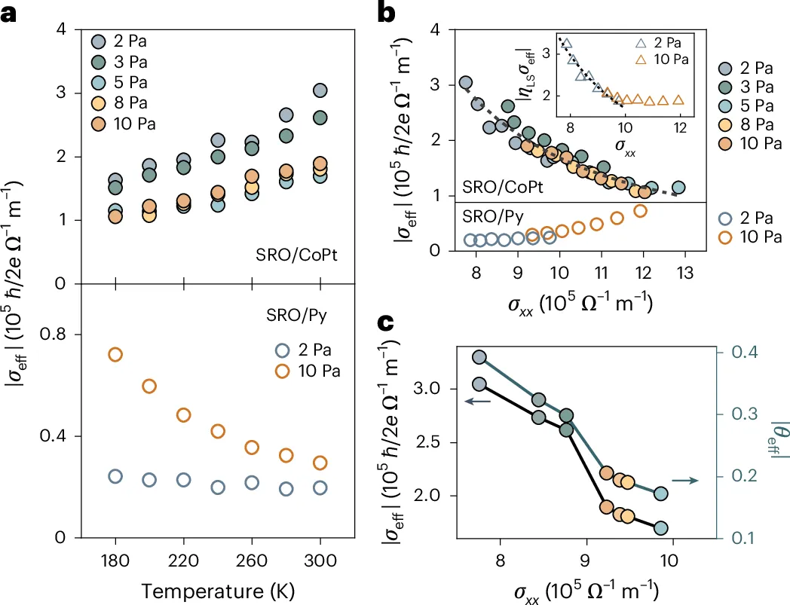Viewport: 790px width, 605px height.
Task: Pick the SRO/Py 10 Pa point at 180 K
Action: [x=115, y=354]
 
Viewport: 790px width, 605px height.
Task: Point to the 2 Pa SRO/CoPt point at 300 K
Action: [x=320, y=90]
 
